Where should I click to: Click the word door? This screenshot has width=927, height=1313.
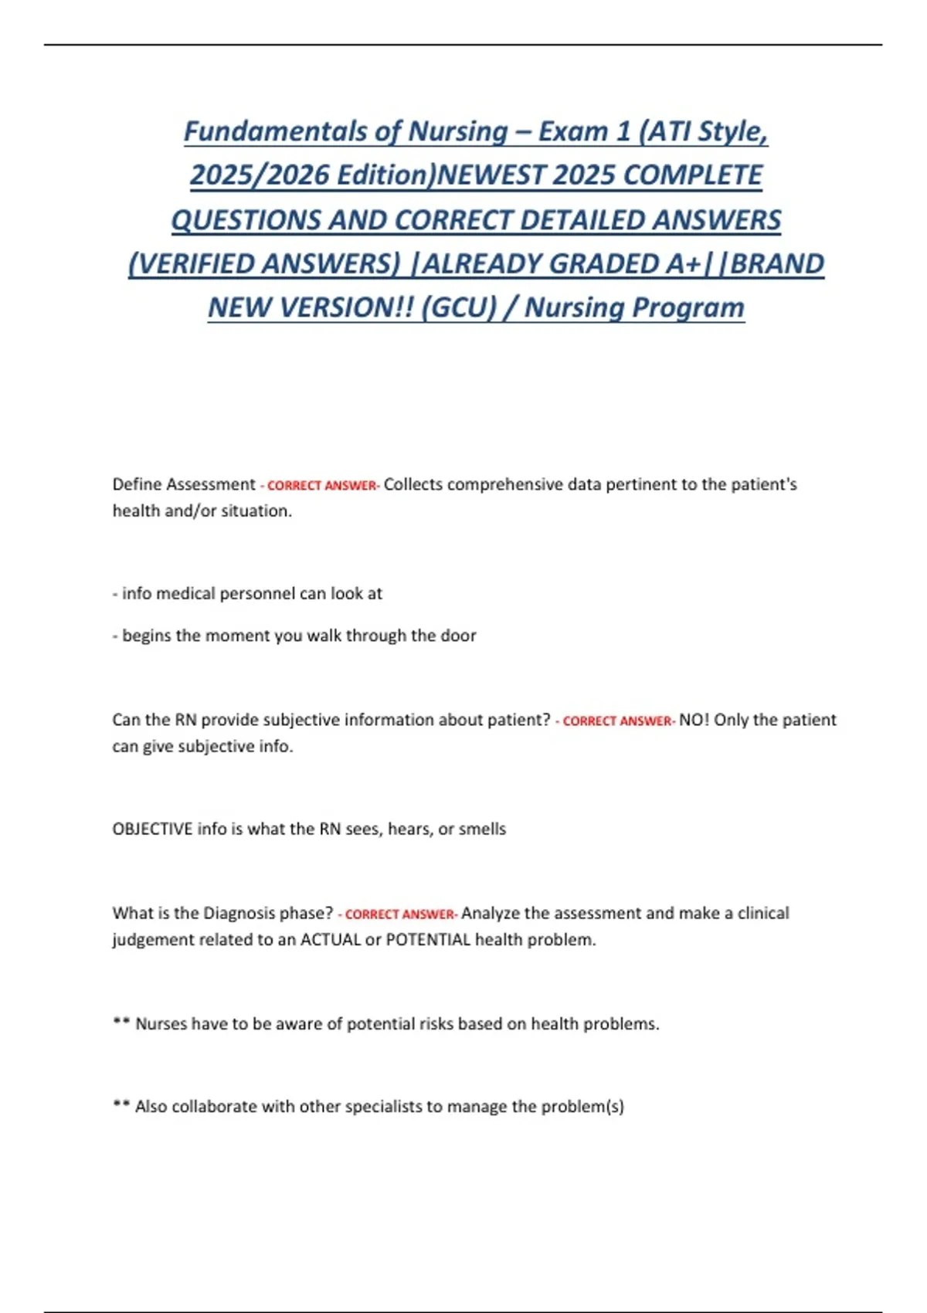pos(458,635)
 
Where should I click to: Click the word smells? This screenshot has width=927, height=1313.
pos(482,829)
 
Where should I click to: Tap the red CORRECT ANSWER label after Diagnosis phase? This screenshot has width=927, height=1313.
pos(399,914)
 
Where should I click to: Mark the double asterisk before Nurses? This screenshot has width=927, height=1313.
pos(121,1023)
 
